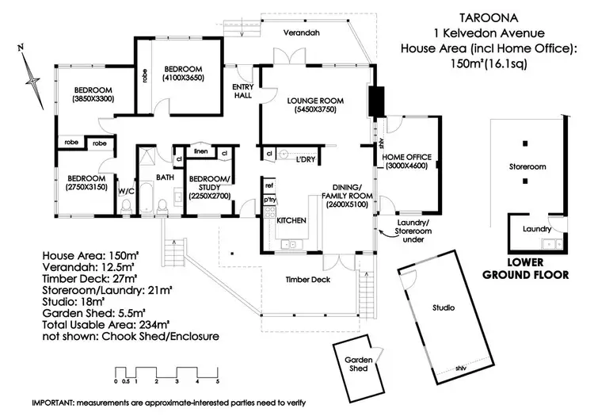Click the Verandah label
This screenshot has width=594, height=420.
(x=302, y=32)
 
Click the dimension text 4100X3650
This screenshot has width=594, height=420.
(x=184, y=78)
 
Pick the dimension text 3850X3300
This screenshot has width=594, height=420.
(x=93, y=99)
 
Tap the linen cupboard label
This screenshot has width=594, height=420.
(x=200, y=151)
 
